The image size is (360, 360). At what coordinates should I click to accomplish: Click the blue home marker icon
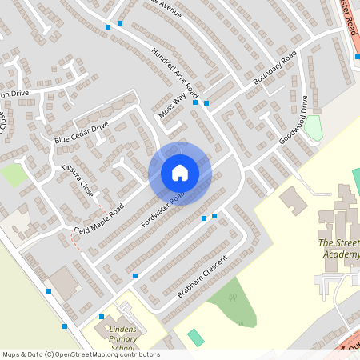tap(180, 173)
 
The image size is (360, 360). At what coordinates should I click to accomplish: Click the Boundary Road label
tap(274, 69)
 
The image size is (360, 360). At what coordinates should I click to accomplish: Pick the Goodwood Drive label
tap(294, 120)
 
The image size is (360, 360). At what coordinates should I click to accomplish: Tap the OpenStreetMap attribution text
tap(81, 354)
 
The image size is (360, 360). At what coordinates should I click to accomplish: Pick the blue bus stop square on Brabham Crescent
tap(134, 276)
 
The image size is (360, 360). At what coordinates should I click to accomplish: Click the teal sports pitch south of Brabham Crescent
tap(196, 337)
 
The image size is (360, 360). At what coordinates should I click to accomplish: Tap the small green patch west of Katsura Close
tap(14, 175)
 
